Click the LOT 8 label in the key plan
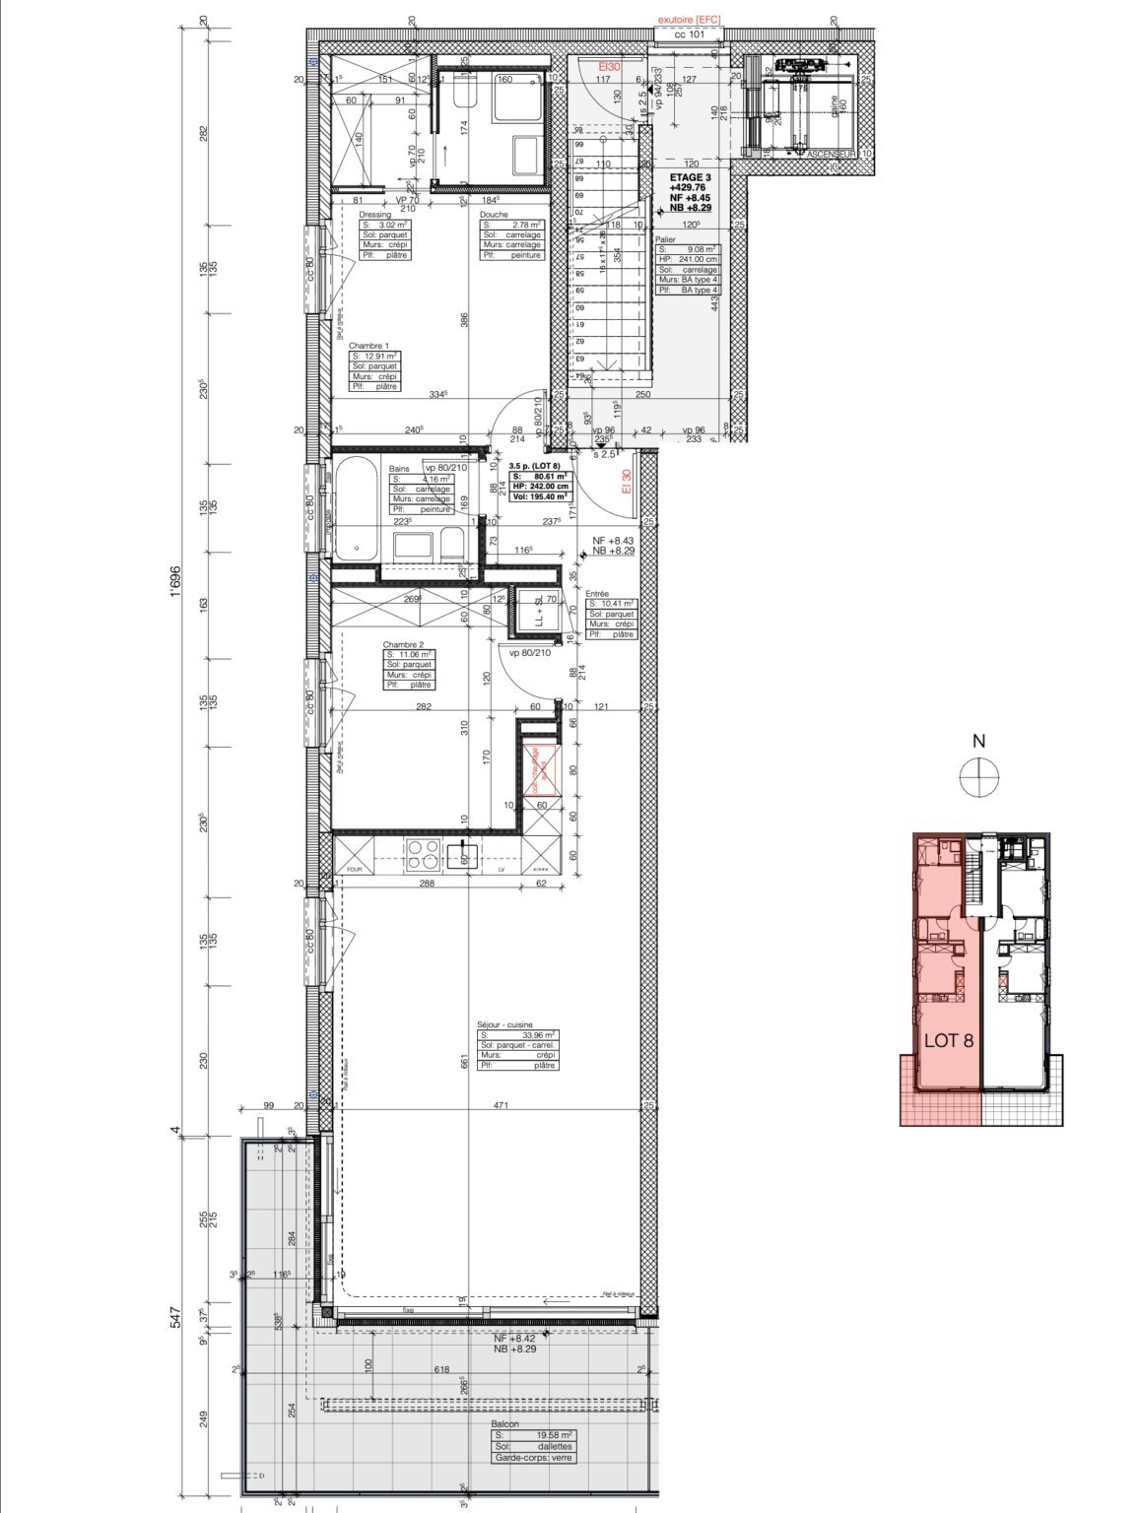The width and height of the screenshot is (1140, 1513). click(x=949, y=1041)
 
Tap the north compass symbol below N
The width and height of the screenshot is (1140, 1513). click(x=978, y=778)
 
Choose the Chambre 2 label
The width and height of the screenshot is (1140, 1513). click(x=402, y=644)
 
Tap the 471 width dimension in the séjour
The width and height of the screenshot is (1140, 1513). click(x=501, y=1106)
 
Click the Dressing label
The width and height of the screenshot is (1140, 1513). click(x=374, y=214)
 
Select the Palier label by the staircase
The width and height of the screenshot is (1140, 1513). click(x=666, y=238)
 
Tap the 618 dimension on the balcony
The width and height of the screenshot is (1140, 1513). click(x=443, y=1369)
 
